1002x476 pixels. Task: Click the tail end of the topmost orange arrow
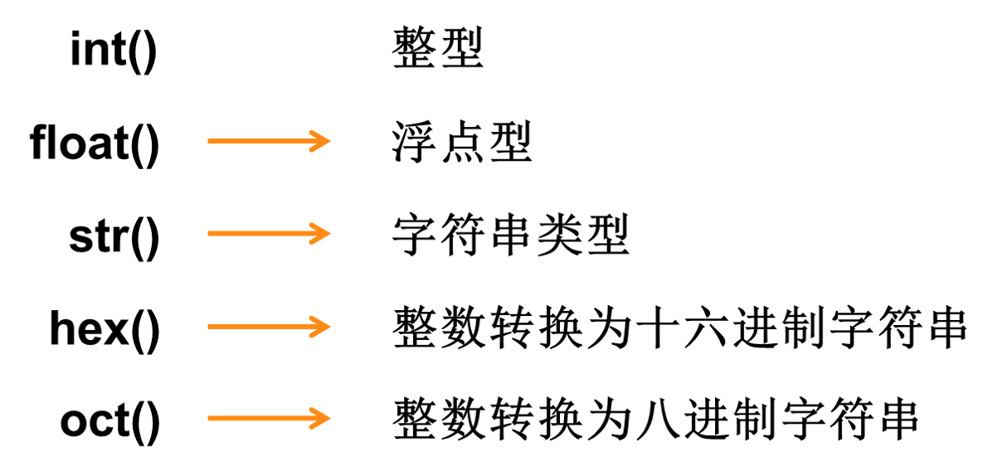(x=210, y=141)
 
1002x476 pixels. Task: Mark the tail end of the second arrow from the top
(x=210, y=234)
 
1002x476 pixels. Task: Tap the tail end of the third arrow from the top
(x=210, y=327)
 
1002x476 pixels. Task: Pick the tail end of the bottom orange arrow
(x=210, y=419)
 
